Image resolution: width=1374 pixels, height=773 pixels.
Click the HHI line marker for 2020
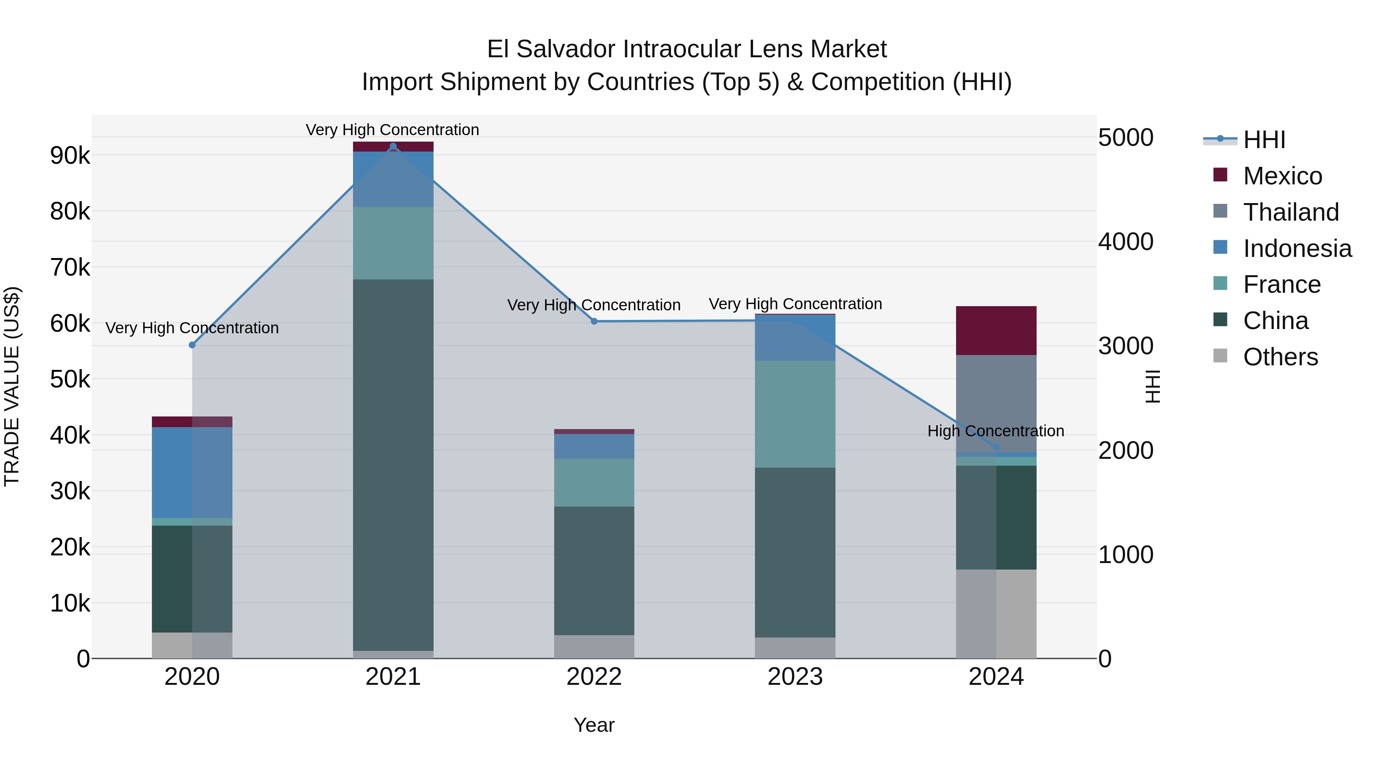192,345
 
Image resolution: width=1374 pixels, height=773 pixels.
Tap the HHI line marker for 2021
393,146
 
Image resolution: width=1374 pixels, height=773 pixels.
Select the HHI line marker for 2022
594,321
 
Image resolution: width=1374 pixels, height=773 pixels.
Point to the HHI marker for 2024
996,447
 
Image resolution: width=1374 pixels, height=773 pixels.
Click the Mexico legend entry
1282,176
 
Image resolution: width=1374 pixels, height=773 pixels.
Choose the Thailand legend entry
1291,212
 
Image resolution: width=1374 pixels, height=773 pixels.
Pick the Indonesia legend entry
1297,249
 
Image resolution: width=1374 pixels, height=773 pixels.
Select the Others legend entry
1280,357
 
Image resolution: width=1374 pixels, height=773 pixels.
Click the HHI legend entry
1264,140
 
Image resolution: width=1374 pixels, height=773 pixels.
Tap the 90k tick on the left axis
70,156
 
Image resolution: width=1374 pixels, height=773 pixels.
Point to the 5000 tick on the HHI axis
1126,138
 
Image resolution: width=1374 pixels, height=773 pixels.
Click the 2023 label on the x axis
795,677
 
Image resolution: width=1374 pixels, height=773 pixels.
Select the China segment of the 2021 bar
393,464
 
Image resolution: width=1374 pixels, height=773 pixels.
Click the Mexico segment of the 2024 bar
996,331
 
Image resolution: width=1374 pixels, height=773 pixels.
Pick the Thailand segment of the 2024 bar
996,403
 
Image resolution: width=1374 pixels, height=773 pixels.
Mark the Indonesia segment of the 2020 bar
192,472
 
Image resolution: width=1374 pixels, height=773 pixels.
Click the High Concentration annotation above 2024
995,431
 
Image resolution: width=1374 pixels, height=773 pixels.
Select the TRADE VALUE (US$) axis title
12,386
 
